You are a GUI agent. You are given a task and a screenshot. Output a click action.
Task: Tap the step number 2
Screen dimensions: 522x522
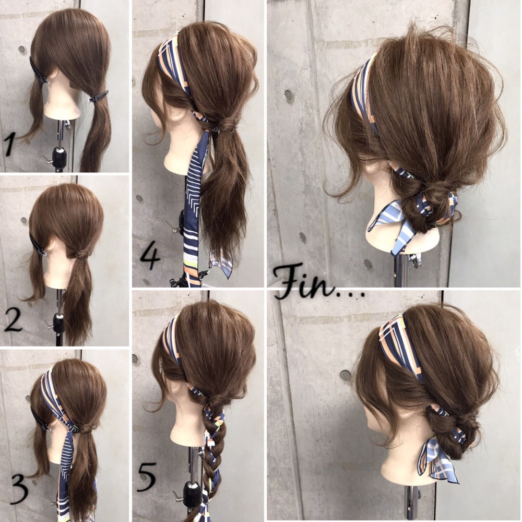pyautogui.click(x=13, y=319)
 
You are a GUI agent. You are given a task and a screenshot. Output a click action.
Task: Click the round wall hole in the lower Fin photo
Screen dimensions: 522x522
pyautogui.click(x=345, y=375)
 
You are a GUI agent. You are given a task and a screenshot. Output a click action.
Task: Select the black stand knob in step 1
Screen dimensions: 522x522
pyautogui.click(x=60, y=156)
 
